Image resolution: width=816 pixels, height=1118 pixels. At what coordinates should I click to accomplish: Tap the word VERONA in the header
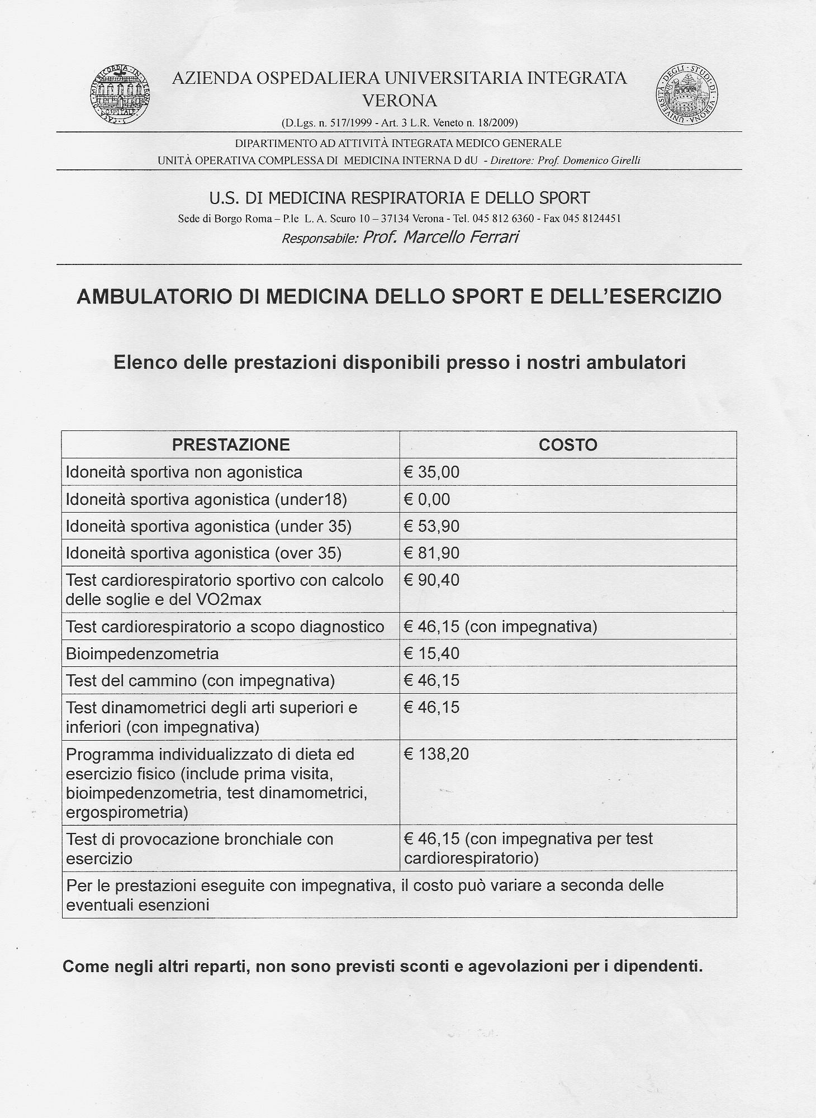click(x=400, y=101)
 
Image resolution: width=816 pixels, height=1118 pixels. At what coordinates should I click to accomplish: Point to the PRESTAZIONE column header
click(x=231, y=445)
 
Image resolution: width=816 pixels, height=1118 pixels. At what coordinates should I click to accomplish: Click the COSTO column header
click(x=568, y=445)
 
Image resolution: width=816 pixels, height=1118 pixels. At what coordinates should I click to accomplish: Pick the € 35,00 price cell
click(x=431, y=472)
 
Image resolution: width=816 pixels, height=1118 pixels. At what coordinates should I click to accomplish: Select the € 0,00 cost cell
click(x=427, y=499)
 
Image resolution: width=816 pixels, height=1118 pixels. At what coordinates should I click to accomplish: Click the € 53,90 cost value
click(x=431, y=526)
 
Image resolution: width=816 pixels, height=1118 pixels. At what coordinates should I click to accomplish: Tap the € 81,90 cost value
click(x=431, y=553)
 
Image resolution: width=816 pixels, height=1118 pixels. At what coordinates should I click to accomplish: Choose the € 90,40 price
click(x=431, y=580)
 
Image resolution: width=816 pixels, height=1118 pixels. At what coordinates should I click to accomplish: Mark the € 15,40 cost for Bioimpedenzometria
click(x=431, y=653)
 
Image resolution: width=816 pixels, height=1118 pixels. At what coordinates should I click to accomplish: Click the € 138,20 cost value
click(x=436, y=754)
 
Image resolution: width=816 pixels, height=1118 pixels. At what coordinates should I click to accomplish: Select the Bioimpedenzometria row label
click(x=142, y=653)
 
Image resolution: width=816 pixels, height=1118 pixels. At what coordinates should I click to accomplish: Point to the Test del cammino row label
click(x=200, y=681)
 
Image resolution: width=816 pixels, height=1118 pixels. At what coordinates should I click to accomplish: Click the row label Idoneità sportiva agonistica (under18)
click(x=206, y=499)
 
